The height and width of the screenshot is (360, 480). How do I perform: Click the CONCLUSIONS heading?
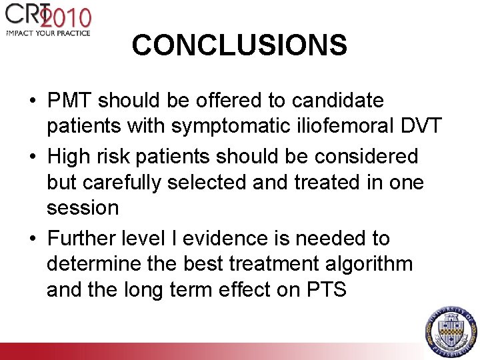pos(239,45)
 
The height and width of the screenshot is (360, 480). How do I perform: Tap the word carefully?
pos(129,181)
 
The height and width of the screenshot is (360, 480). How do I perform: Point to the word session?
pos(83,207)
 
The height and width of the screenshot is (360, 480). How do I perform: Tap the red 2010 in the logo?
pos(69,16)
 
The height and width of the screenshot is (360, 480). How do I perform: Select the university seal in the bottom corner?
pos(451,330)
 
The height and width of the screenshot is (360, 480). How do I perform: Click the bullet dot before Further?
pos(32,239)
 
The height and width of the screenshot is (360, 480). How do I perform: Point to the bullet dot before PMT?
pos(32,101)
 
